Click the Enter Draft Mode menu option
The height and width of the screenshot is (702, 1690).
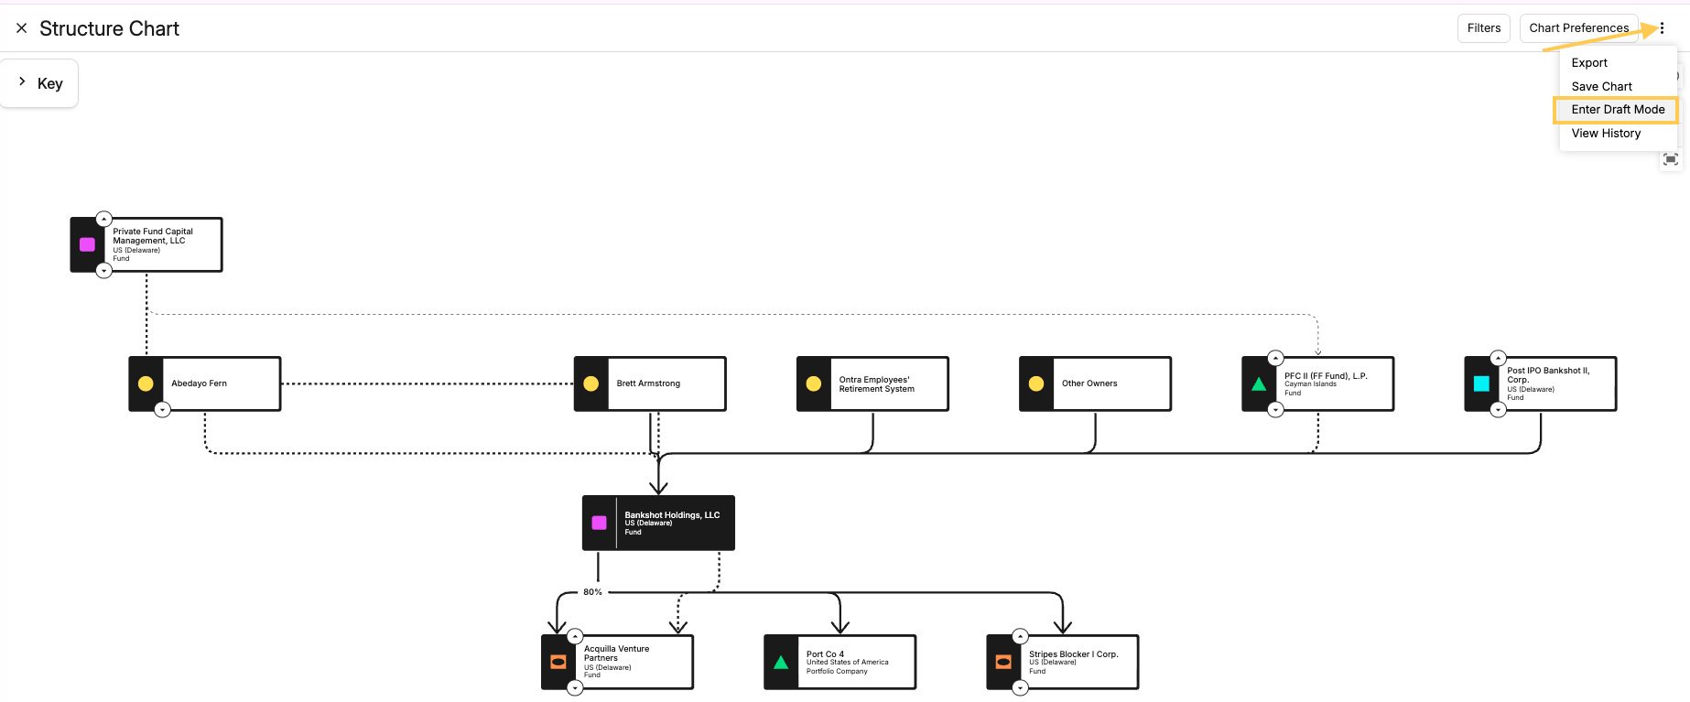click(x=1618, y=110)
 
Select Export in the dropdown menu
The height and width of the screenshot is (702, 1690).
click(x=1589, y=63)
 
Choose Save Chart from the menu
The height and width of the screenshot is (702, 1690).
click(x=1601, y=87)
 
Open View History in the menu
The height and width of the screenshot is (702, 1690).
click(x=1606, y=134)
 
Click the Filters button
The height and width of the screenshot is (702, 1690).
click(x=1483, y=28)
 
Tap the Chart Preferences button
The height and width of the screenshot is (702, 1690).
click(x=1578, y=28)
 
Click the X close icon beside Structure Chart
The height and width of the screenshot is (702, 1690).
click(x=21, y=28)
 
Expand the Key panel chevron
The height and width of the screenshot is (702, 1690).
click(x=22, y=81)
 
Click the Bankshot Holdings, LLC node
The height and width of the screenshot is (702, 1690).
click(x=658, y=523)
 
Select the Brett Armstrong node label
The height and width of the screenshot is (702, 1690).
click(x=648, y=383)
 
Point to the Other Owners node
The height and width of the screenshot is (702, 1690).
click(x=1095, y=383)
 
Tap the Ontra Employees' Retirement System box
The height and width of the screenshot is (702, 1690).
click(x=872, y=383)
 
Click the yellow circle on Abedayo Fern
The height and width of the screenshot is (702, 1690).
click(x=146, y=383)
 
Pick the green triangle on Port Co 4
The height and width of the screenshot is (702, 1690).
click(x=781, y=663)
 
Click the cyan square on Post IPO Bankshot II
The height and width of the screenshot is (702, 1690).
click(x=1481, y=383)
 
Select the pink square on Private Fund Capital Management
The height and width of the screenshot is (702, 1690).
click(x=88, y=244)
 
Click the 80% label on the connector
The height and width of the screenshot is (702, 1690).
click(x=593, y=592)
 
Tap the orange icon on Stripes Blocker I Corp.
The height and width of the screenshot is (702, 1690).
click(x=1003, y=662)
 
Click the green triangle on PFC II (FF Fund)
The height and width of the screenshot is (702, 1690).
click(x=1259, y=384)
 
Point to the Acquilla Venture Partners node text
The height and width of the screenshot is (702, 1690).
click(x=616, y=653)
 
